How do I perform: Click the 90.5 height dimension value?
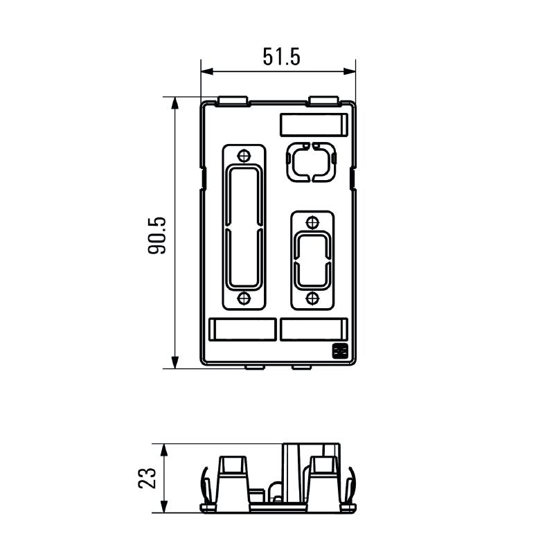157,236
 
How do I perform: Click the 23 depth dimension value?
148,478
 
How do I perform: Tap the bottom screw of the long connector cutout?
243,298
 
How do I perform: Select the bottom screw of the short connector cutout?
312,298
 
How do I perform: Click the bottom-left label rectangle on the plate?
242,330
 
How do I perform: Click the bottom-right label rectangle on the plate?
313,330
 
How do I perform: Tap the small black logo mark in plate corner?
340,352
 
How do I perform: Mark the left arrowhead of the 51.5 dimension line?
206,71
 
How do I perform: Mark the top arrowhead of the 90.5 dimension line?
175,102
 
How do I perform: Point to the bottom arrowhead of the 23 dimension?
164,508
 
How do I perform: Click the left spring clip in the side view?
206,485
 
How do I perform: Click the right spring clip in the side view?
352,485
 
